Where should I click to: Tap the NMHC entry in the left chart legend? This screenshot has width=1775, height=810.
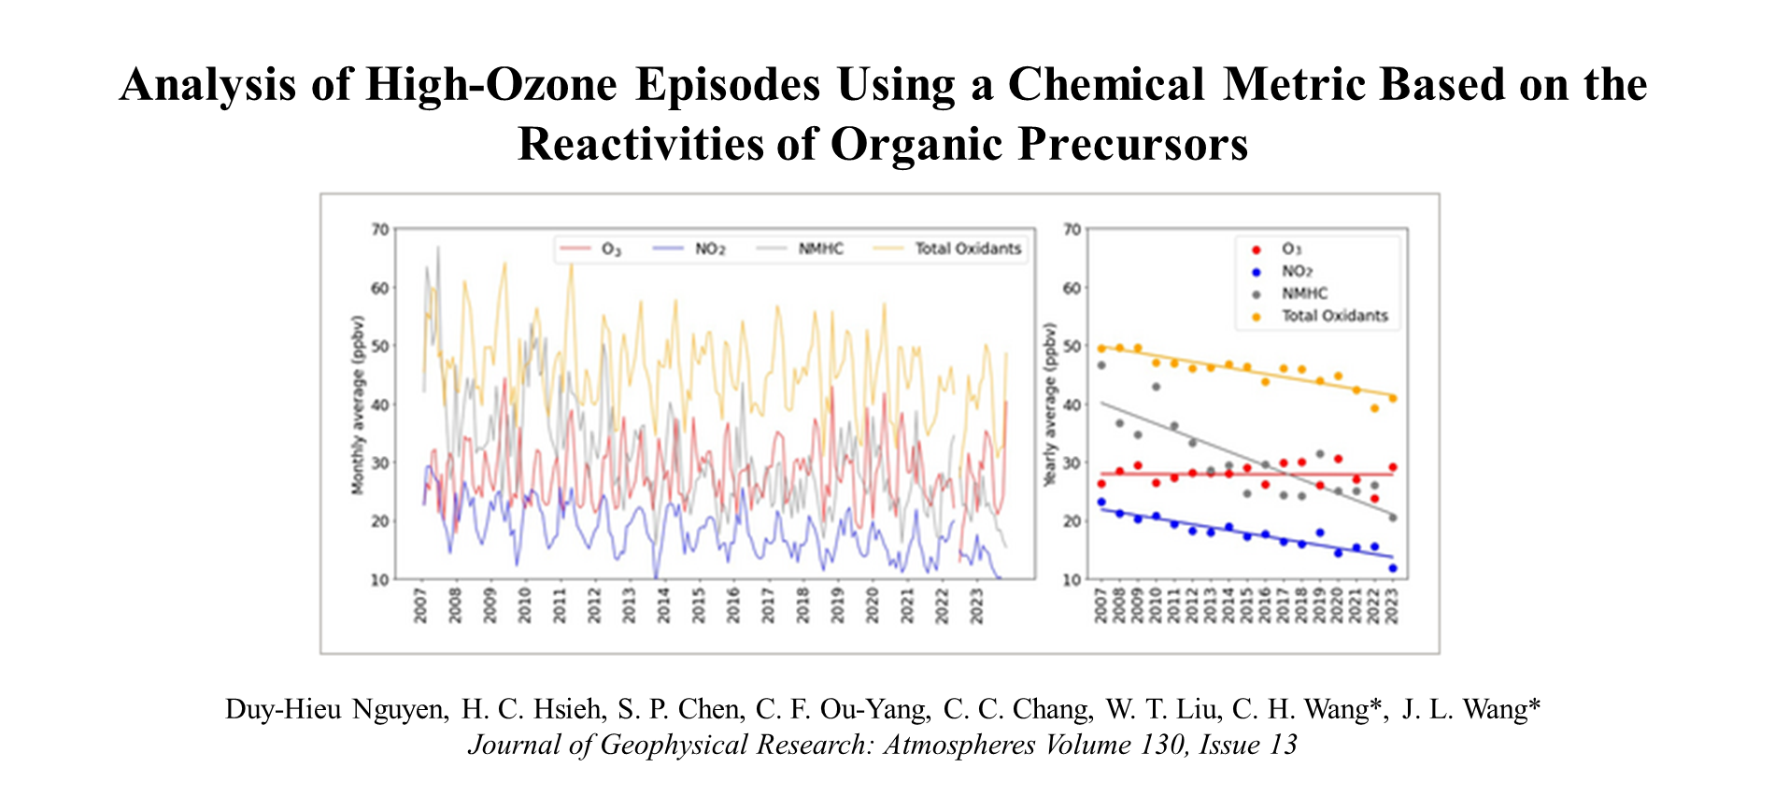[x=820, y=249]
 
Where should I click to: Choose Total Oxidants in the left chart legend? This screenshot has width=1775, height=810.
[x=968, y=249]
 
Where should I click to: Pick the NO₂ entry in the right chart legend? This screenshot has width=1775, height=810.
[x=1298, y=271]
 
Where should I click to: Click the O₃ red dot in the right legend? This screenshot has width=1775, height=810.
[x=1257, y=249]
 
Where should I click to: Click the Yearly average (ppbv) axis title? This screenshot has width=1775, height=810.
[x=1050, y=405]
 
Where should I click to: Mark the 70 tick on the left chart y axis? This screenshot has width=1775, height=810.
[x=379, y=230]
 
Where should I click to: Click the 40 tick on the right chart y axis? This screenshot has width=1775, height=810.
[x=1072, y=405]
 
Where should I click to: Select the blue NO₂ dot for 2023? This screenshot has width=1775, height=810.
[x=1392, y=568]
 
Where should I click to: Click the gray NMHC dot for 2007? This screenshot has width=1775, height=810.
[x=1100, y=365]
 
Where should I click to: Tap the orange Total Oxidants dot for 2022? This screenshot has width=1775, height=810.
[x=1374, y=408]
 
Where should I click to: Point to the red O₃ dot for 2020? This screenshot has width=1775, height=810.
[x=1338, y=459]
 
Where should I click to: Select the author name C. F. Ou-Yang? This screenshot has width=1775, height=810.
[x=843, y=710]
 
